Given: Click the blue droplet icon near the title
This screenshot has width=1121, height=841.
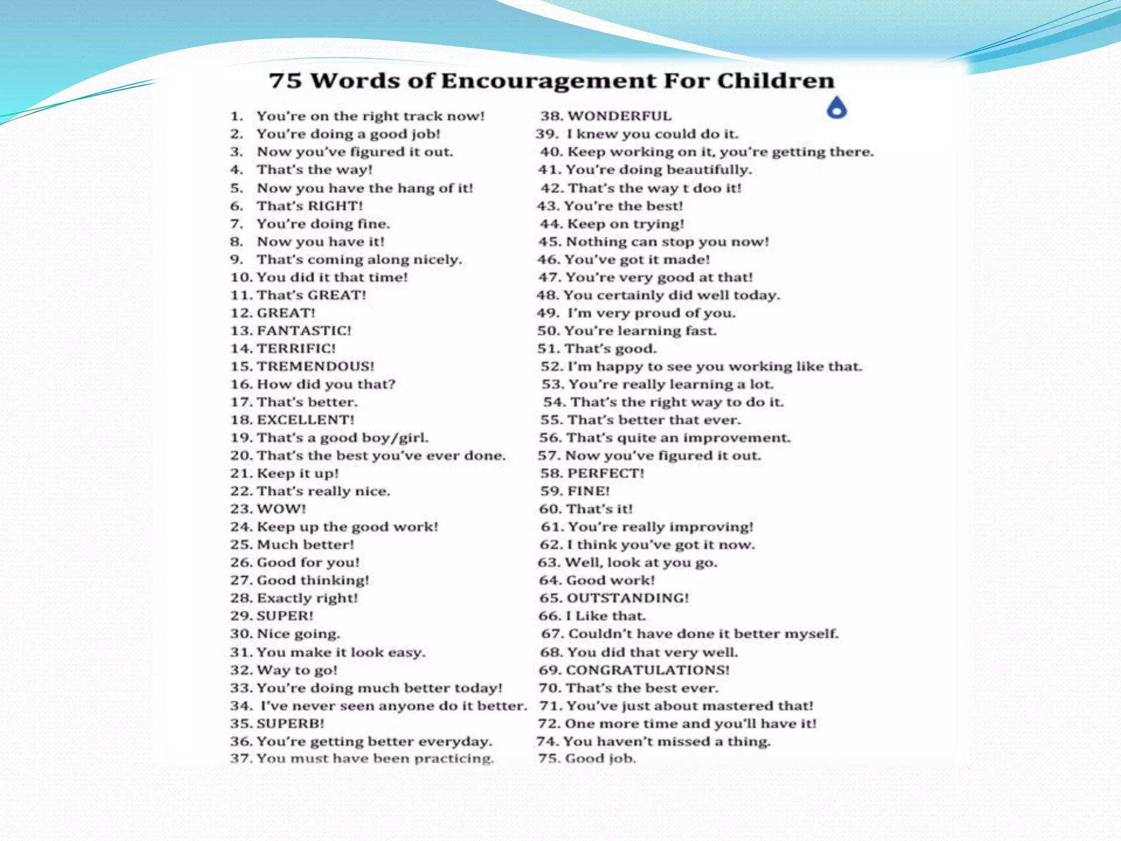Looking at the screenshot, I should pyautogui.click(x=836, y=108).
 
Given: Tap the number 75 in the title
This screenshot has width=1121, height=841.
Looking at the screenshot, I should pyautogui.click(x=285, y=81).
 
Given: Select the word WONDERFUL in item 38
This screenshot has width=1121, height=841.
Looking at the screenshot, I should pyautogui.click(x=619, y=116).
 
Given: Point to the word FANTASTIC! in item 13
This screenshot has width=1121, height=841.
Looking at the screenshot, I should pyautogui.click(x=304, y=331).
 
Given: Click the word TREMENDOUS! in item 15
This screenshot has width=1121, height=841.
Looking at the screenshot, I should pyautogui.click(x=316, y=366).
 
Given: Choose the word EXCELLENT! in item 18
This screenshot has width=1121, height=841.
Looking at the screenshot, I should pyautogui.click(x=306, y=420).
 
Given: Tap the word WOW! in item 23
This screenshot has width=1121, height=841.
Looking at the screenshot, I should pyautogui.click(x=282, y=509).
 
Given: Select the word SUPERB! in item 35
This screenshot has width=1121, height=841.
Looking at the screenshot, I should pyautogui.click(x=291, y=724).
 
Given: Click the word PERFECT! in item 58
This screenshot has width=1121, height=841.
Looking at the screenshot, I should pyautogui.click(x=606, y=474).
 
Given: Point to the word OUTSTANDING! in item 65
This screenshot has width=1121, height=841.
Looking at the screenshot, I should pyautogui.click(x=627, y=598).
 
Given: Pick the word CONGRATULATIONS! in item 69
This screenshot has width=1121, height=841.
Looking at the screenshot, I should pyautogui.click(x=648, y=670).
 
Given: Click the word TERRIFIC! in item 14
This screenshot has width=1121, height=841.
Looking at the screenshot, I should pyautogui.click(x=297, y=349).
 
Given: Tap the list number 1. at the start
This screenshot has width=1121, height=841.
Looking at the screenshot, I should pyautogui.click(x=236, y=116).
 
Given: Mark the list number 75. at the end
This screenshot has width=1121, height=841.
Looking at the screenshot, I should pyautogui.click(x=549, y=759).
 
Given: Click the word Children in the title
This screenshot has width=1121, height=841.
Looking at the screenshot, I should pyautogui.click(x=776, y=81).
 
